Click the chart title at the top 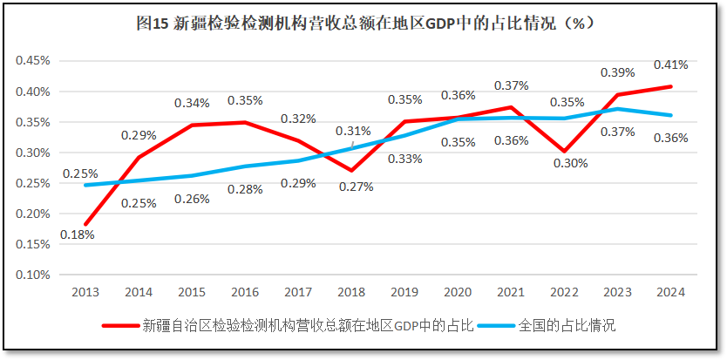(363, 24)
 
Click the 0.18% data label (78, 234)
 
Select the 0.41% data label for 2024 (670, 65)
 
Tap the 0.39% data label (618, 72)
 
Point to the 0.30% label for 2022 (569, 162)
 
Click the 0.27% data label (356, 186)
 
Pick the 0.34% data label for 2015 (192, 103)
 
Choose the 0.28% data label (245, 190)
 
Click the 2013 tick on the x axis (85, 292)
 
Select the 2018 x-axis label (351, 292)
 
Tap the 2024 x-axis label (670, 292)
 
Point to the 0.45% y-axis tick (33, 61)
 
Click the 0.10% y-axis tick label (33, 275)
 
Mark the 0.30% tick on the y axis (33, 153)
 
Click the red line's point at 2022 (564, 151)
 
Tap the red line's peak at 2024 (670, 86)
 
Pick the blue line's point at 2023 (617, 109)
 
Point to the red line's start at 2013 (85, 224)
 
